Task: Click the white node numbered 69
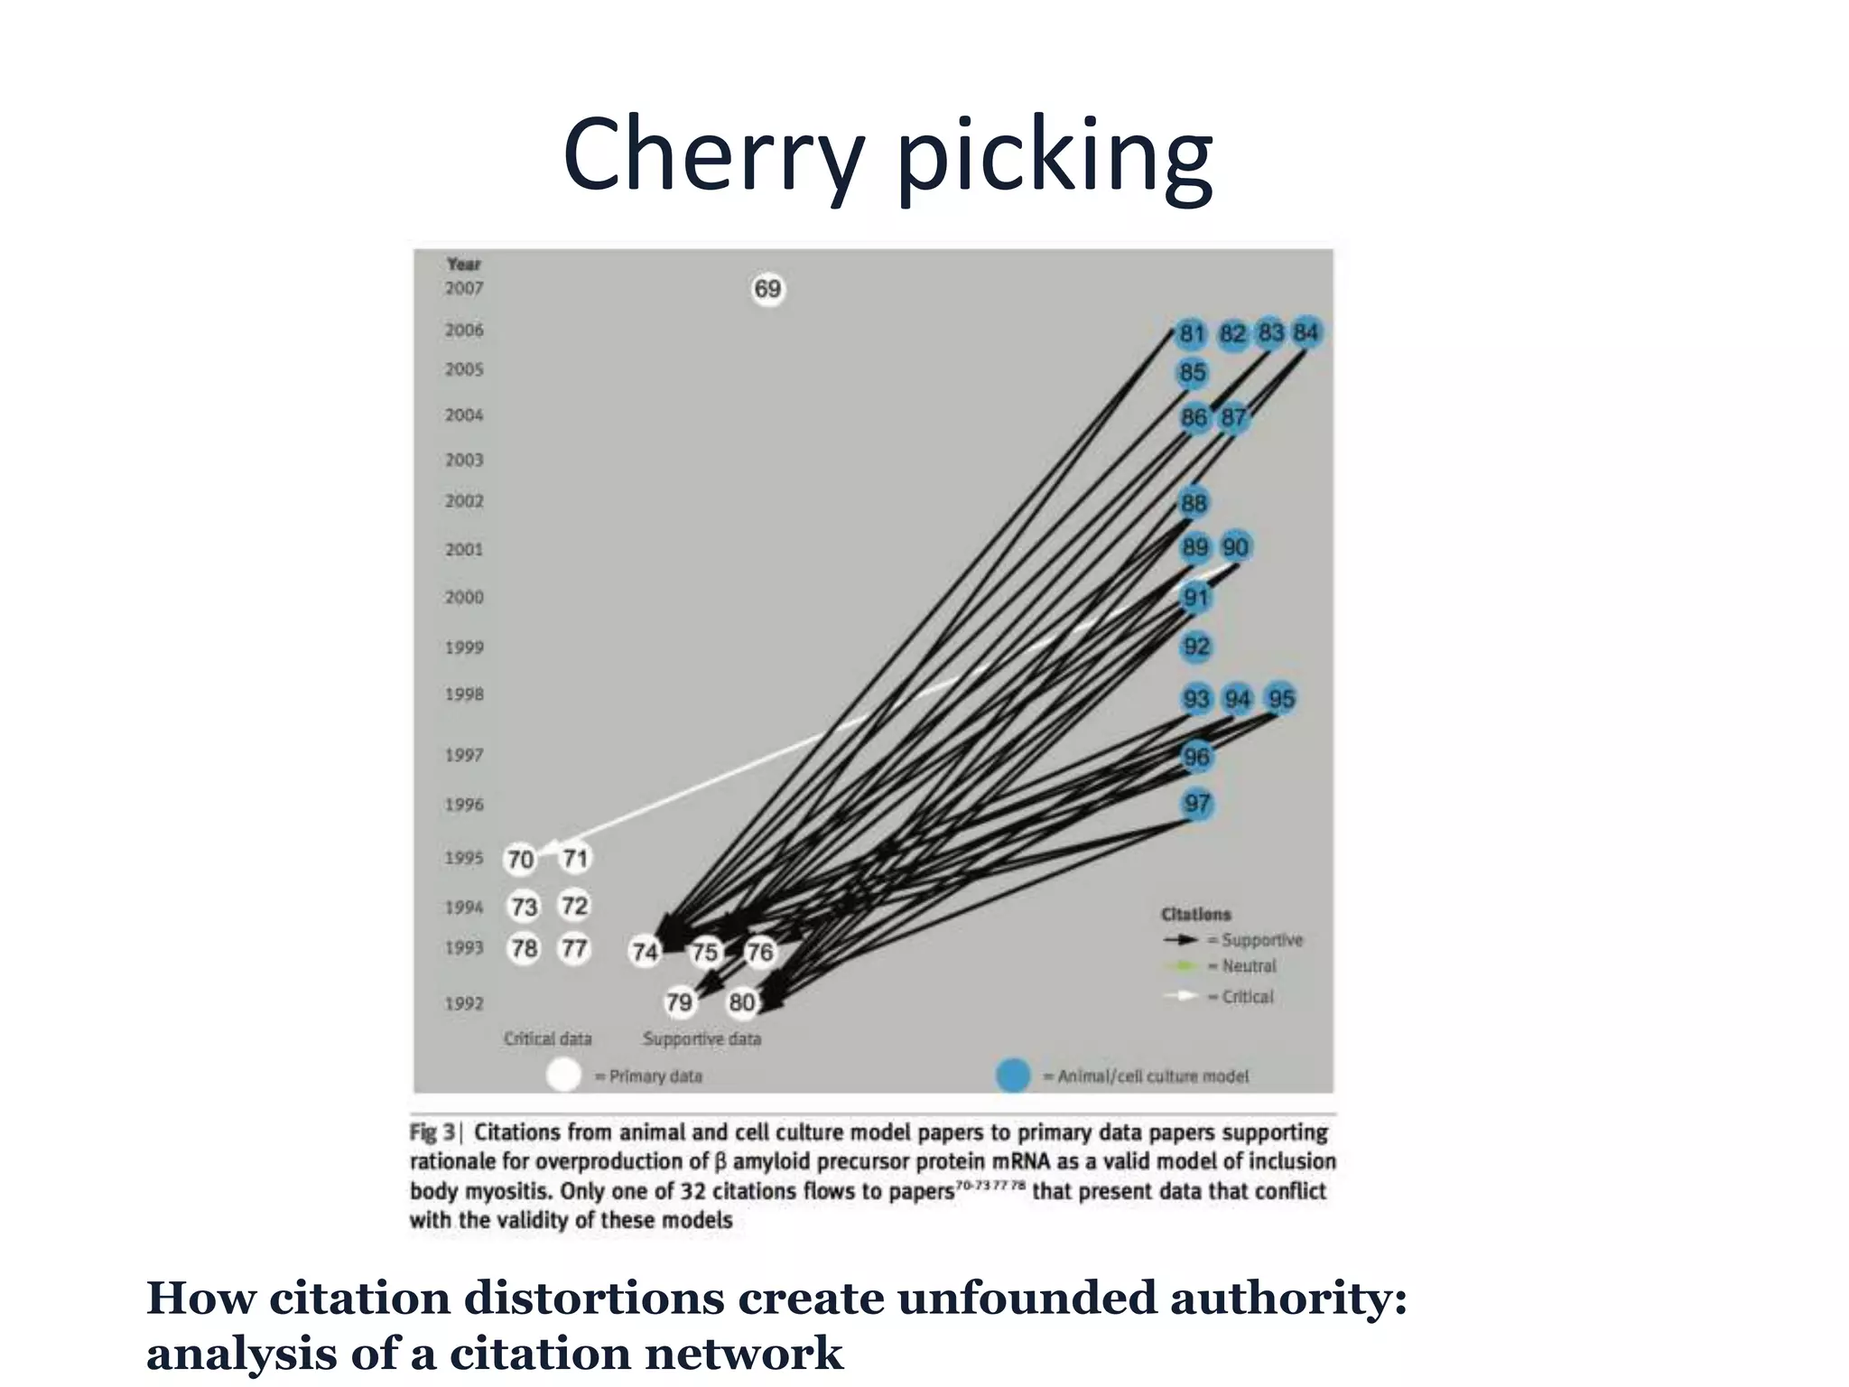(767, 289)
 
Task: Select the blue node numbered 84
(1305, 332)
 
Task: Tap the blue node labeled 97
(1197, 803)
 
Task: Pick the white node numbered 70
(520, 859)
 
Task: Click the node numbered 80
(742, 1001)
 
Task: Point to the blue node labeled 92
(1196, 647)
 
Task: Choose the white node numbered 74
(645, 951)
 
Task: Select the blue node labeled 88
(1194, 503)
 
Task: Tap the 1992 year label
(464, 1003)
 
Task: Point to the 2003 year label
(464, 461)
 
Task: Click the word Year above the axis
(464, 265)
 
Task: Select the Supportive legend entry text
(1262, 940)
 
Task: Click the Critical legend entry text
(1248, 997)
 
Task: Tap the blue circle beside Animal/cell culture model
(1013, 1075)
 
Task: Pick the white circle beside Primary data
(564, 1075)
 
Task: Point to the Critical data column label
(548, 1039)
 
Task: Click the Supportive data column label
(702, 1039)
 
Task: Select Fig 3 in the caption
(432, 1132)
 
